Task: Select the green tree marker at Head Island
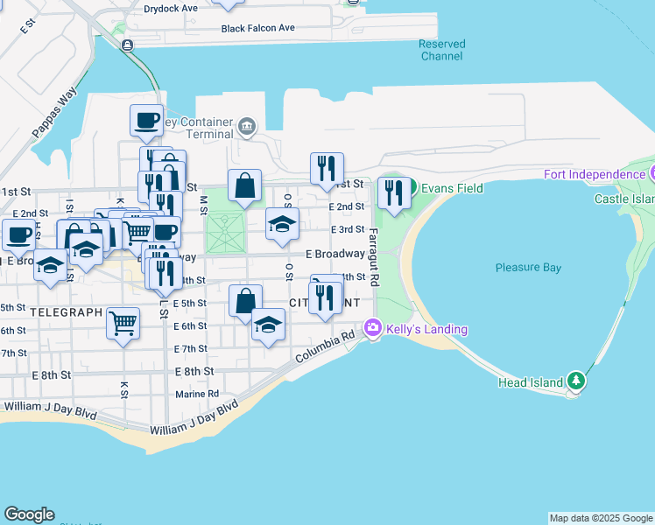575,381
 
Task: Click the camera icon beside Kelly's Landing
373,328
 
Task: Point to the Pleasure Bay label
528,268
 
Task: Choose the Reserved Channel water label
441,50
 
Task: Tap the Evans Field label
452,188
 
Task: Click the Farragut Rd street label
373,258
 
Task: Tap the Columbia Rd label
324,347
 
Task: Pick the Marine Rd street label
197,394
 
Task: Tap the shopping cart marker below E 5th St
123,321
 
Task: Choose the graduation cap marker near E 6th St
268,325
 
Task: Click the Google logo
29,514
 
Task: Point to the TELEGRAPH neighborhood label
67,311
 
